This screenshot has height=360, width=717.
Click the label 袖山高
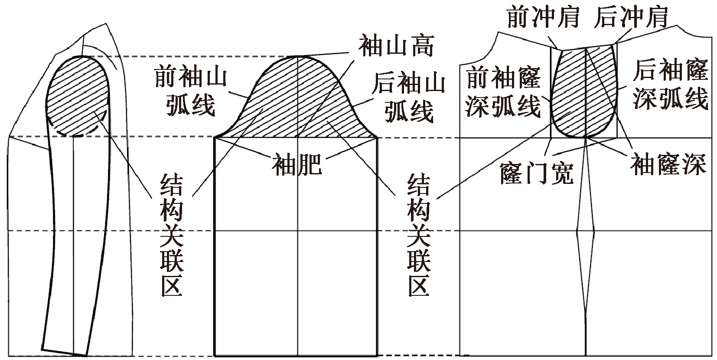point(395,46)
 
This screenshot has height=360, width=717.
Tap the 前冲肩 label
point(543,16)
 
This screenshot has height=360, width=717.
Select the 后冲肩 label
point(631,16)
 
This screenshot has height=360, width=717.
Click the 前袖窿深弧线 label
point(503,94)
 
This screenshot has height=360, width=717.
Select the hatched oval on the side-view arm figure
point(77,93)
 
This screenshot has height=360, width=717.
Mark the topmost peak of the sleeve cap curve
point(297,56)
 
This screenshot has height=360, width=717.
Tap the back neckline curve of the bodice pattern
point(698,35)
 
